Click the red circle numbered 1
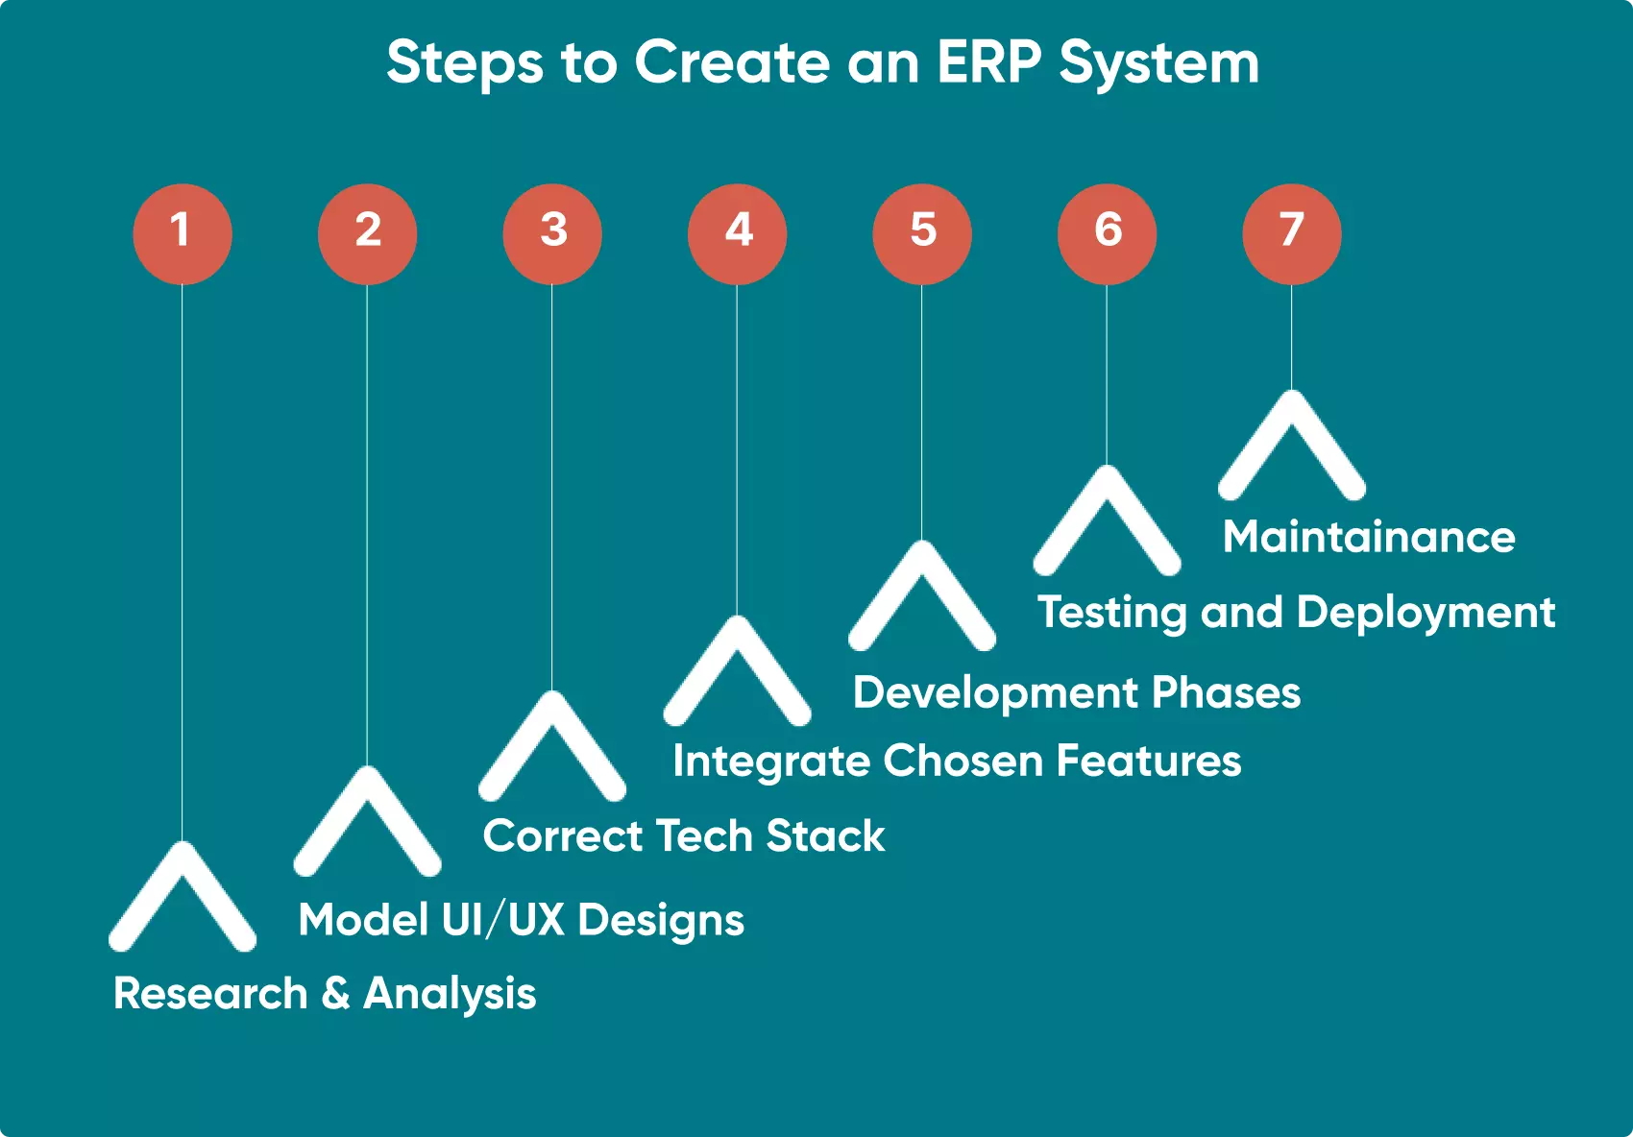click(183, 233)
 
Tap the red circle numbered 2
click(367, 233)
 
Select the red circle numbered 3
click(552, 233)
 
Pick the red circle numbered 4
click(737, 233)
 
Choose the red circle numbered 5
click(922, 233)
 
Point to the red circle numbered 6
click(1107, 233)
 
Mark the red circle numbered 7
click(1292, 233)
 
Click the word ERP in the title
click(988, 63)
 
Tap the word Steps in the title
click(465, 63)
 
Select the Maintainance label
click(1369, 537)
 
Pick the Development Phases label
click(1076, 692)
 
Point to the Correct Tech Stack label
click(684, 835)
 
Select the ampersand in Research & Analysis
click(335, 993)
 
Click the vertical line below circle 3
click(552, 480)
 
